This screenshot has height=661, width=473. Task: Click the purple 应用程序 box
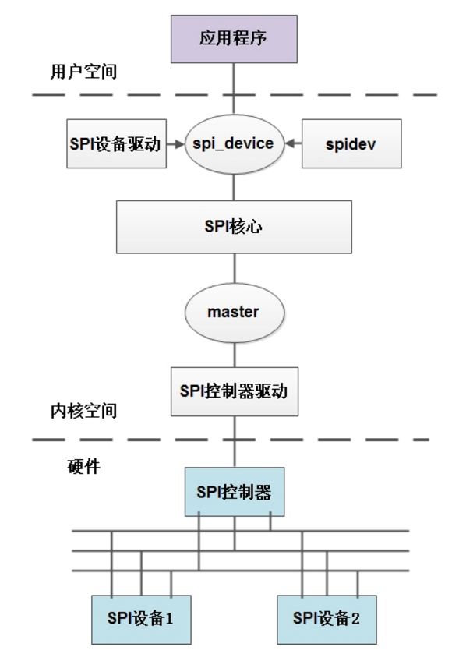[233, 38]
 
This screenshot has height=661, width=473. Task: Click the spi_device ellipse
[233, 144]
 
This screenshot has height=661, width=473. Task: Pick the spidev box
[351, 144]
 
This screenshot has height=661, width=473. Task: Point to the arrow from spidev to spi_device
[293, 144]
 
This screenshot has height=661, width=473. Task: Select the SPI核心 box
[233, 226]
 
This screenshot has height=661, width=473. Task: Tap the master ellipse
[233, 312]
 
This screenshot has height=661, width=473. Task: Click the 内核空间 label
[83, 412]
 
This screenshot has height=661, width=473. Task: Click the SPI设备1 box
[141, 619]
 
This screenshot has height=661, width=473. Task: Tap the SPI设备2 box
[327, 619]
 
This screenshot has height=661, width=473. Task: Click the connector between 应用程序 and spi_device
[233, 90]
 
